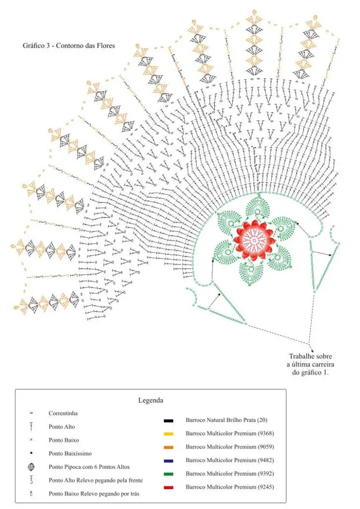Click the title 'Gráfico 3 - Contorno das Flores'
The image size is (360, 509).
click(x=69, y=45)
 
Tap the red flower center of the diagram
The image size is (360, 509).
click(x=255, y=240)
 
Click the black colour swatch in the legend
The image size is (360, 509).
click(x=169, y=421)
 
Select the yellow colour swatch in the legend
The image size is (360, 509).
click(x=169, y=434)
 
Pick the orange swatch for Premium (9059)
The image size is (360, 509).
click(x=169, y=447)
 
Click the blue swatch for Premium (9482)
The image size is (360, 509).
click(x=169, y=461)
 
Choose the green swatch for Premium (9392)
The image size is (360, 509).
click(x=169, y=474)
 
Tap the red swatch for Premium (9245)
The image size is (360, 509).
click(x=169, y=488)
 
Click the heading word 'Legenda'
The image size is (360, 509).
click(x=151, y=400)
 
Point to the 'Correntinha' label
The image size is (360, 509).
click(x=63, y=413)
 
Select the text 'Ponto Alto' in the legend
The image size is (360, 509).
click(x=62, y=427)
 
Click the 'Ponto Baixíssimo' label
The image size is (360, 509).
click(x=70, y=453)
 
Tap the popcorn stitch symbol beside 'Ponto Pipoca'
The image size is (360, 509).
click(x=31, y=467)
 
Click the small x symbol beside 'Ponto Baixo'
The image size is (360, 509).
click(x=31, y=440)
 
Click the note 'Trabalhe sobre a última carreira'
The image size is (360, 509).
click(x=310, y=360)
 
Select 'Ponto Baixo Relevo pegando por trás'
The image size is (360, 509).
click(x=94, y=494)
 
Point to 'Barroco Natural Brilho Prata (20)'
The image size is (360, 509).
click(x=227, y=420)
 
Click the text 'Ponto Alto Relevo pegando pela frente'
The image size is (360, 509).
click(x=96, y=480)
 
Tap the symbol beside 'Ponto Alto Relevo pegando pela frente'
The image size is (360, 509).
click(x=31, y=480)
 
